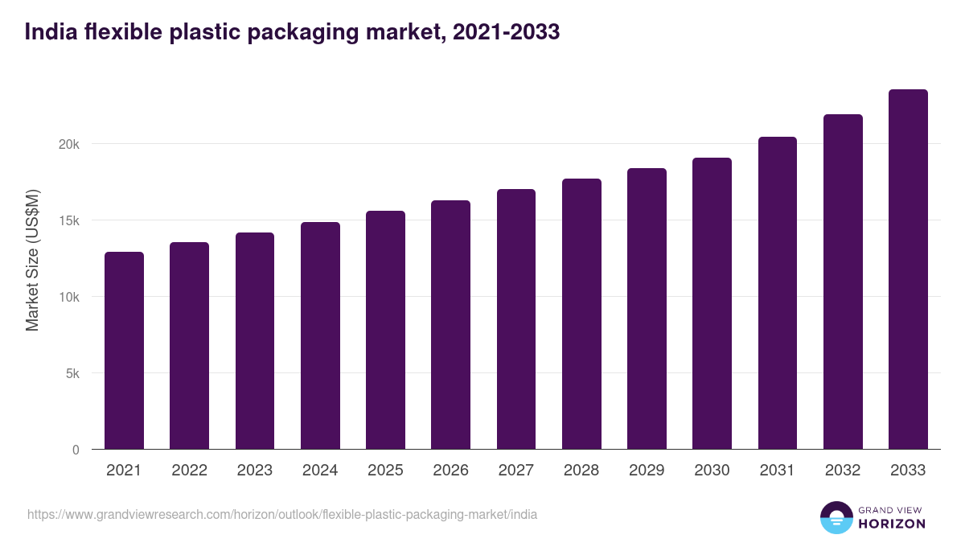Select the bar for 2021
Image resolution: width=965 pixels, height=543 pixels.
[124, 351]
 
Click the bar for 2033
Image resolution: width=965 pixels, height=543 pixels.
[908, 269]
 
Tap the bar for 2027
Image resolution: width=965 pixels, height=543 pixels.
[516, 319]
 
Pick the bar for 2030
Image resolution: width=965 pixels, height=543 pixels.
[712, 304]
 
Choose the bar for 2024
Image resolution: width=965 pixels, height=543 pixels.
[320, 335]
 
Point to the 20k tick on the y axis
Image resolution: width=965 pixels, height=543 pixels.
[68, 144]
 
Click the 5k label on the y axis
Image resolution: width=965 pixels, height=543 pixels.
[72, 373]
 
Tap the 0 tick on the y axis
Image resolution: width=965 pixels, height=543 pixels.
[76, 450]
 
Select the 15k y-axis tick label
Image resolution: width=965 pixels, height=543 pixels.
[68, 220]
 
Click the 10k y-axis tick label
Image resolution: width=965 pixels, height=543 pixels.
[68, 297]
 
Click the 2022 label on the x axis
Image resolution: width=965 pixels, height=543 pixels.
[189, 471]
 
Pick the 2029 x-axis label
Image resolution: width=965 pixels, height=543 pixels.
[647, 471]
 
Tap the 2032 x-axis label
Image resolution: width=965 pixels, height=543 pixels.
[843, 471]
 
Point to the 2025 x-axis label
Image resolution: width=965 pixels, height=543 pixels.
[385, 471]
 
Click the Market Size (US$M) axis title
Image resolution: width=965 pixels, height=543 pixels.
[32, 259]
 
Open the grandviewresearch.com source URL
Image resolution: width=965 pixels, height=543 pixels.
[282, 514]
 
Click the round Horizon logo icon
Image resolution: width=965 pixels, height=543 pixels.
[836, 517]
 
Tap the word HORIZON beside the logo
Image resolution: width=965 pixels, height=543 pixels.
[893, 524]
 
